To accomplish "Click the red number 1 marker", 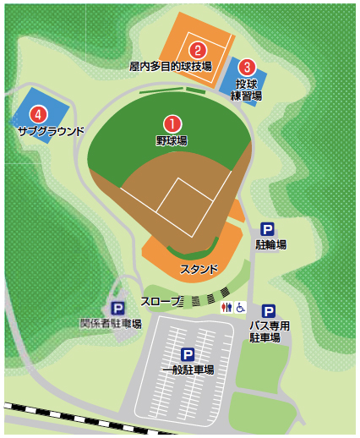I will click(x=172, y=124).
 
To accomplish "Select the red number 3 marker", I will click(x=247, y=65).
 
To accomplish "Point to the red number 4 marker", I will click(x=36, y=113).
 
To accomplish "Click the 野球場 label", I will click(x=172, y=140).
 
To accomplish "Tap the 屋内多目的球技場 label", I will click(x=170, y=65).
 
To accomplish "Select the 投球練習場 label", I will click(x=247, y=90).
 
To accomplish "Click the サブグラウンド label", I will click(x=51, y=131).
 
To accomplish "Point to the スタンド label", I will click(x=199, y=270).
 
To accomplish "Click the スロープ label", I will click(x=163, y=301).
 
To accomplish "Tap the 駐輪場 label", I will click(x=270, y=245).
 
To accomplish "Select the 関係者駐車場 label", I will click(x=111, y=323).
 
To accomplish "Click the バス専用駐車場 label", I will click(x=270, y=331).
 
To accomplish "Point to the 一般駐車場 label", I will click(x=188, y=370).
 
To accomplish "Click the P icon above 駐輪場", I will click(x=268, y=229).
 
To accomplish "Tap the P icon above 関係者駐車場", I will click(x=117, y=309).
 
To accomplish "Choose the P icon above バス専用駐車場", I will click(x=268, y=311).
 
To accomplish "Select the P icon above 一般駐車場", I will click(x=188, y=355).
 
